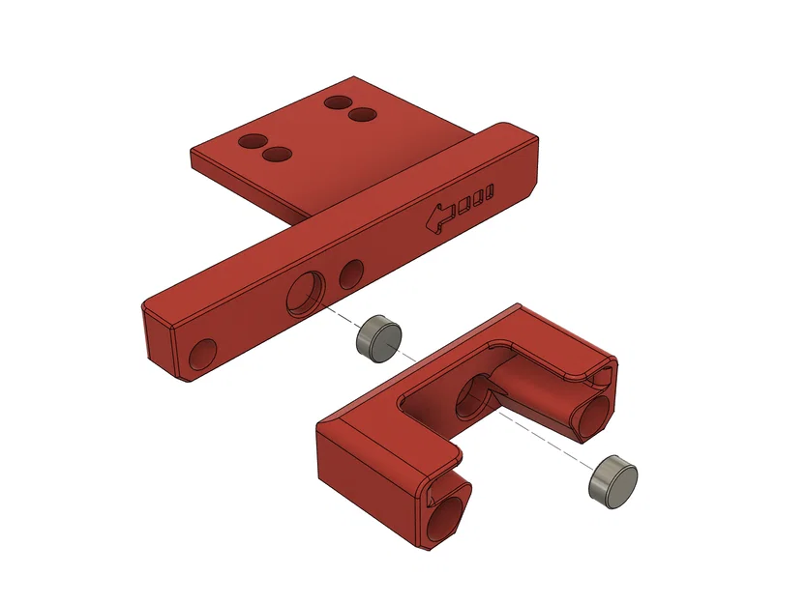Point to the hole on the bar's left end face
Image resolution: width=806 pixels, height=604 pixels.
(x=203, y=355)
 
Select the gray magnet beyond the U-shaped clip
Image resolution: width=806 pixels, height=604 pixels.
(x=613, y=479)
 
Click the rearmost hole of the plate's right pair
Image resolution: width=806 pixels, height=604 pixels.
(x=338, y=101)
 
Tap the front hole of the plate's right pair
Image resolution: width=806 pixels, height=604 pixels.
(x=363, y=115)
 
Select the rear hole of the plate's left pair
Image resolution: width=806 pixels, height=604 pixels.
(x=253, y=141)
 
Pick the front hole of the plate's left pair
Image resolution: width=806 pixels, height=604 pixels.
(x=278, y=155)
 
